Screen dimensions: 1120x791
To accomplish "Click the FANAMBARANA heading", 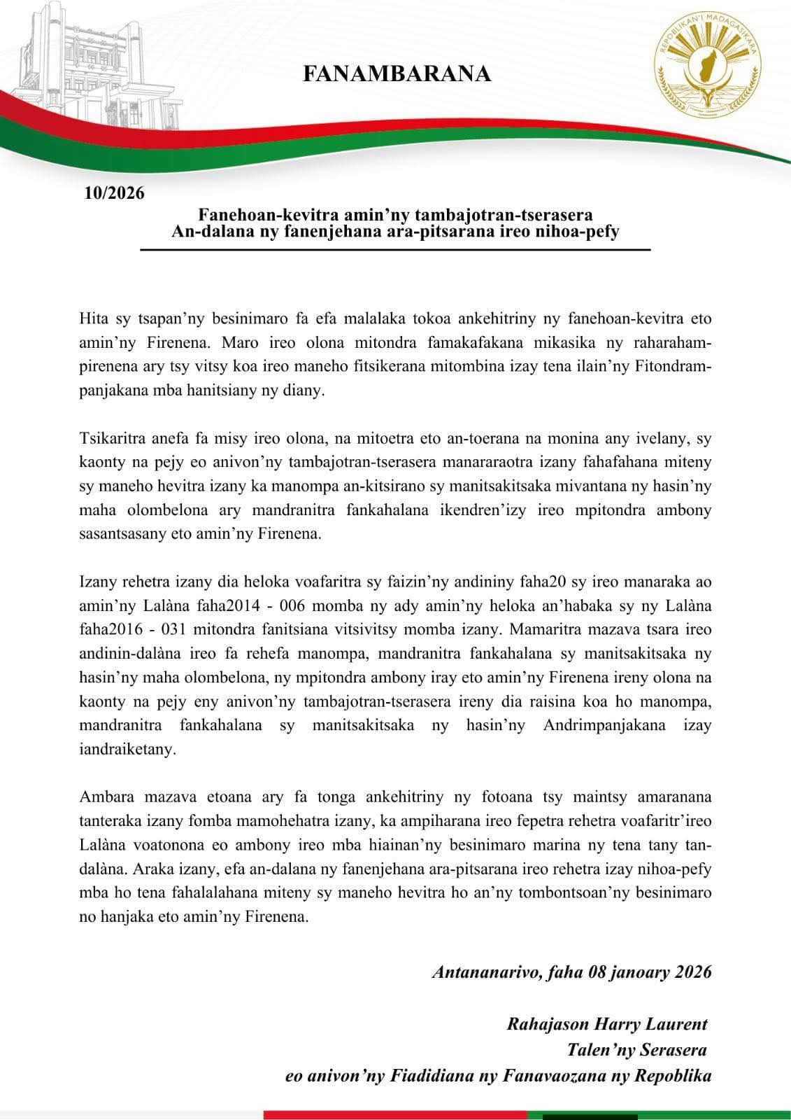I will [397, 73].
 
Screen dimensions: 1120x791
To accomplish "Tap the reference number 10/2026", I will [114, 192].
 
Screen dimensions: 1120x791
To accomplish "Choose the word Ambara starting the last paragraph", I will [104, 797].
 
